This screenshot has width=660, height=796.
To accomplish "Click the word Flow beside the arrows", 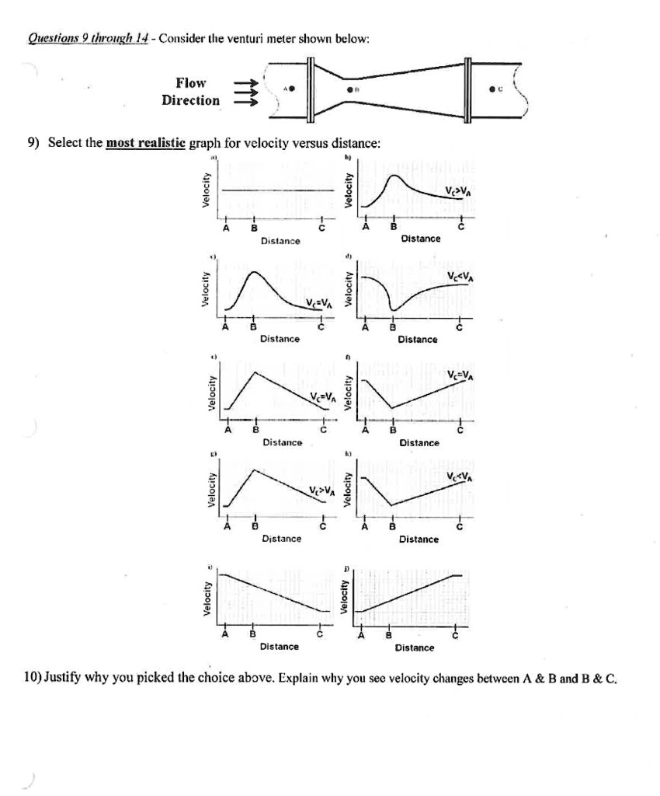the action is pos(191,83).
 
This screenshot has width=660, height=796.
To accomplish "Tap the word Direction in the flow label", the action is pos(190,100).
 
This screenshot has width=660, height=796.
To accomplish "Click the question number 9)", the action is pos(34,143).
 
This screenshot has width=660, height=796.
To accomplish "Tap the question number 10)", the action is pos(34,677).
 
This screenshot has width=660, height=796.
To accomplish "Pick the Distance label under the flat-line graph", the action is pos(280,242).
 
